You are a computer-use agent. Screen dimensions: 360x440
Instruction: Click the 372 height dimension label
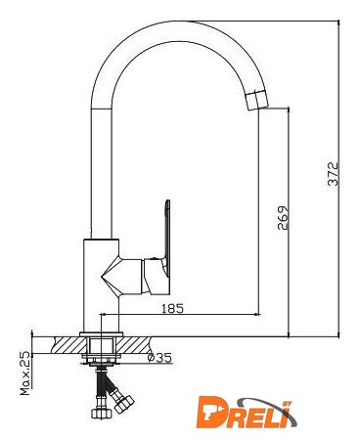334,174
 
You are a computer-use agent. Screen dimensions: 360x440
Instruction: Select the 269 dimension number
283,218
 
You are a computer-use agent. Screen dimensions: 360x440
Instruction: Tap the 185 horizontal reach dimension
173,308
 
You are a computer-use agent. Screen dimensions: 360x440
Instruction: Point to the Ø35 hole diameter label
159,358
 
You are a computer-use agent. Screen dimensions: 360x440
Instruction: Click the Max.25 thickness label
25,374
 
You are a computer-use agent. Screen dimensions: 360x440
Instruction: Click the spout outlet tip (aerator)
256,100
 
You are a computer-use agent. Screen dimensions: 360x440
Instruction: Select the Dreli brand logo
247,412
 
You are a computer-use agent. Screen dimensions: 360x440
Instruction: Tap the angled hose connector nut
124,403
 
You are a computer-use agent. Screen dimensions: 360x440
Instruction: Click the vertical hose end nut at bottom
102,413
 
